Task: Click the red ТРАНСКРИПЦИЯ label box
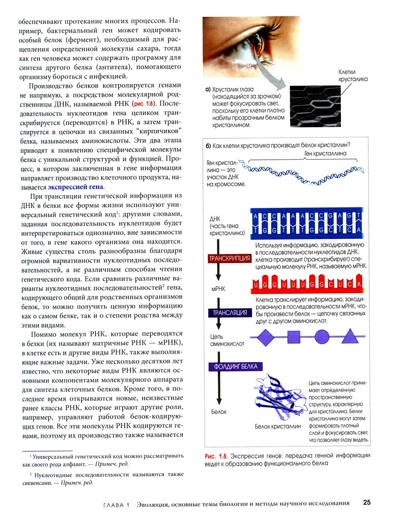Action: (230, 259)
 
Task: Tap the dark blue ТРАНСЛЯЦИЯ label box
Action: (230, 313)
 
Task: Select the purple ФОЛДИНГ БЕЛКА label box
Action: (236, 367)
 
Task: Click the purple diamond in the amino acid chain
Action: (265, 337)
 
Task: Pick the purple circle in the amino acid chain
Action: (322, 337)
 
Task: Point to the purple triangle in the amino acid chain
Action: (351, 337)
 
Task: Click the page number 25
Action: (367, 502)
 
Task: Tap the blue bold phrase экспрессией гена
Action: (76, 187)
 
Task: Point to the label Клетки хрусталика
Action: (353, 75)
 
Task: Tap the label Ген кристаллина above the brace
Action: (325, 153)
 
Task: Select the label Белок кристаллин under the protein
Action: (278, 427)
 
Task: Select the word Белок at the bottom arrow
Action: (219, 412)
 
